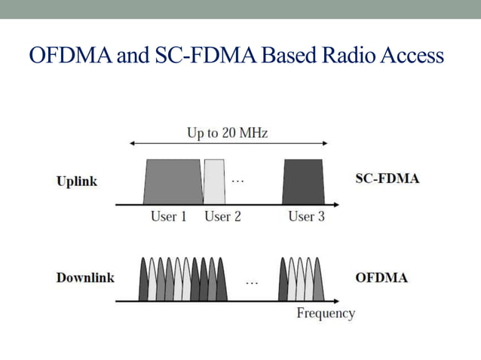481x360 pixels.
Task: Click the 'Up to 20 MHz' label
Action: pos(227,133)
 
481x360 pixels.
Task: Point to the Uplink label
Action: pos(77,182)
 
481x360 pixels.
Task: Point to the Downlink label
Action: pos(85,277)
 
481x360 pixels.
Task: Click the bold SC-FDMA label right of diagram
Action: pos(387,179)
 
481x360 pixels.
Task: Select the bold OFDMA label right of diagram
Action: pos(381,277)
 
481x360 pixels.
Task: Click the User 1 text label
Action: pos(169,217)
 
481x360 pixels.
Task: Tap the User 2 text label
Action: pos(222,217)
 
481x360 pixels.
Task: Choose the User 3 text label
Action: pos(306,217)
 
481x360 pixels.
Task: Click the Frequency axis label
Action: pos(325,313)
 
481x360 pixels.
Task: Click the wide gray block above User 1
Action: pos(173,182)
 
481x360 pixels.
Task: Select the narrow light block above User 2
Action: pos(215,182)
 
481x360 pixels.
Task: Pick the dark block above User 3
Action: pos(303,182)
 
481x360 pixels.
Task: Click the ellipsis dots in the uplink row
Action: pos(237,181)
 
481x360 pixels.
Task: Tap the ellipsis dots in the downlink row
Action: pos(252,283)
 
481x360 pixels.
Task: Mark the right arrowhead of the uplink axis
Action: pos(331,204)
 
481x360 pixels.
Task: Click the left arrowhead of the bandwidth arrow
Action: pos(133,143)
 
